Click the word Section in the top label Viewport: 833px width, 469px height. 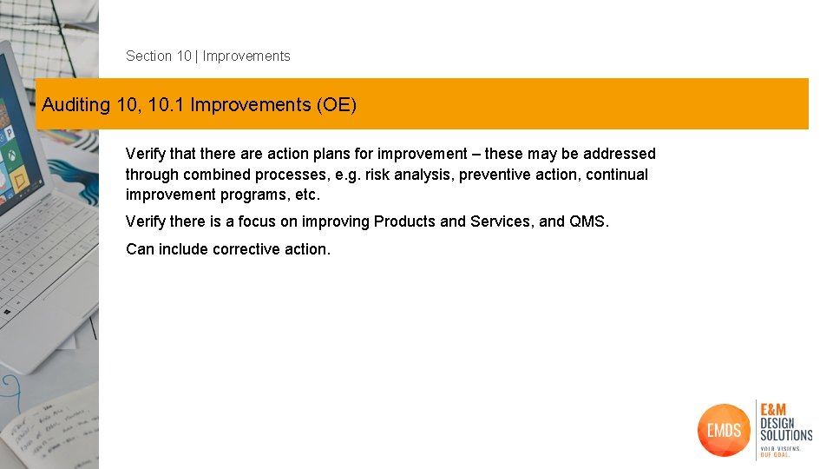click(149, 56)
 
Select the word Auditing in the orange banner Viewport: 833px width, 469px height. click(76, 105)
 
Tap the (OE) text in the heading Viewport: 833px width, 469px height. click(336, 105)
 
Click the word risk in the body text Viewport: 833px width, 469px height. click(378, 175)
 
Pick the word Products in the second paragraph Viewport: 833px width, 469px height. click(404, 221)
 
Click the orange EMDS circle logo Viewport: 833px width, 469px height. click(723, 430)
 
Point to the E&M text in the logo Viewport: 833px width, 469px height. click(776, 409)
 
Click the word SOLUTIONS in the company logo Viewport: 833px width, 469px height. click(786, 434)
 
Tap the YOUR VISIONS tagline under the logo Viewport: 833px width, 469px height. click(778, 448)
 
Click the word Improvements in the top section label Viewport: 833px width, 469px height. click(246, 56)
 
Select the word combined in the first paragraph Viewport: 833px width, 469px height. click(216, 175)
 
